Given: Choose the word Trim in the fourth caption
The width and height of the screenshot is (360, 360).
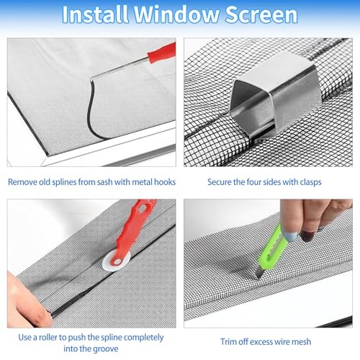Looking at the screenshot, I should click(230, 342).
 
